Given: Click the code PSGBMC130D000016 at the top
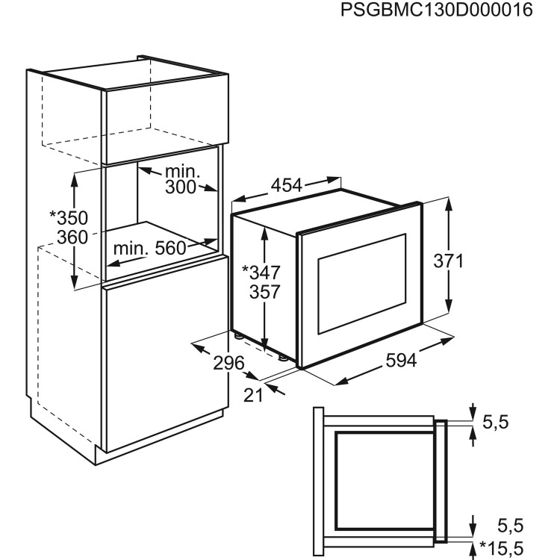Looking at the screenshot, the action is tap(437, 10).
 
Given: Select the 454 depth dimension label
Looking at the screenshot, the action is tap(287, 185).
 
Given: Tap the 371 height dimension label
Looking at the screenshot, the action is tap(448, 261).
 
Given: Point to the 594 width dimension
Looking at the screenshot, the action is tap(401, 361).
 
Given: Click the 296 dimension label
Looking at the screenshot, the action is tap(228, 363).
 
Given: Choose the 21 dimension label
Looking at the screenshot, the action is tap(253, 395).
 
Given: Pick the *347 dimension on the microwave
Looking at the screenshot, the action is tap(261, 273).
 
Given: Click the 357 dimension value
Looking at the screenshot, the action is tap(264, 292).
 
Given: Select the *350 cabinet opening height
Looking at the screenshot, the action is tap(69, 218).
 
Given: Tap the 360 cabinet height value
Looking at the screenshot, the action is tap(72, 237).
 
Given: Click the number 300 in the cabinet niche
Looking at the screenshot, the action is tap(181, 187).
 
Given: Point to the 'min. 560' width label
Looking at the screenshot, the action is tap(149, 248).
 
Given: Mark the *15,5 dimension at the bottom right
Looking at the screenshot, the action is tap(502, 548).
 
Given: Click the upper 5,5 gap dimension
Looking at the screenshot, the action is tap(495, 423).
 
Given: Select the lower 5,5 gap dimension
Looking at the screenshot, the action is tap(511, 526).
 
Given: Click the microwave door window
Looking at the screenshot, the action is tap(362, 284).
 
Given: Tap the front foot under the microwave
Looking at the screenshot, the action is tap(282, 357).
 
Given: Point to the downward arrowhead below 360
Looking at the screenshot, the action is tap(74, 282).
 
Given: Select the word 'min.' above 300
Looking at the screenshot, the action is tap(182, 172).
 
